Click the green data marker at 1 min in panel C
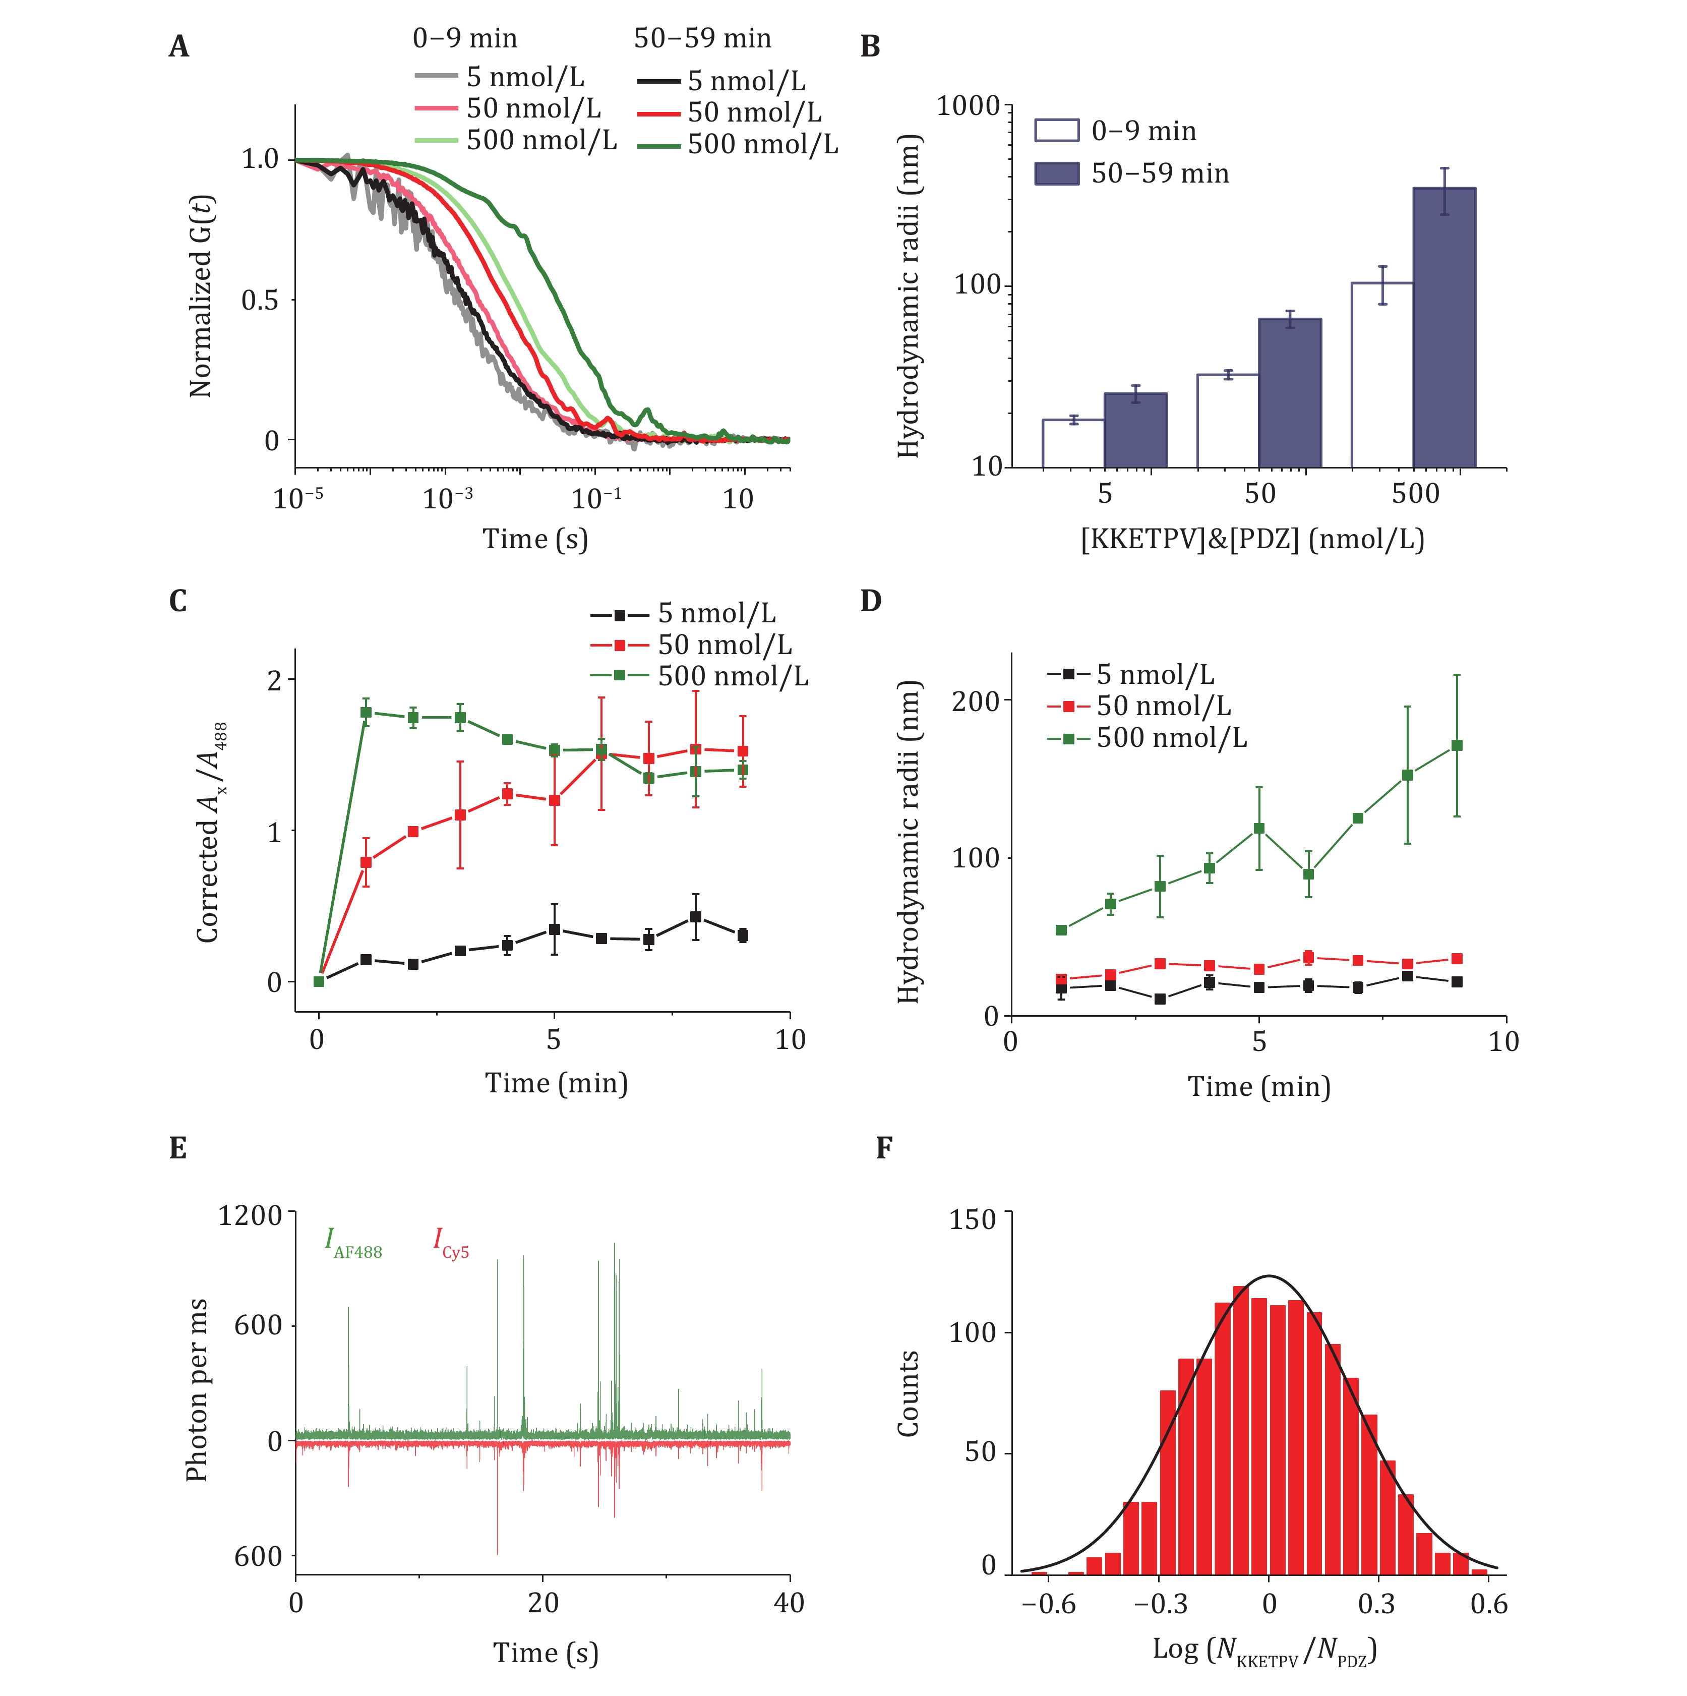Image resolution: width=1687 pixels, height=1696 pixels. click(x=366, y=712)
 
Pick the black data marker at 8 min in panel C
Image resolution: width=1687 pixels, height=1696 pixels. click(x=695, y=916)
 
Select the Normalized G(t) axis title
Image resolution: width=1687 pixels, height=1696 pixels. click(x=201, y=296)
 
